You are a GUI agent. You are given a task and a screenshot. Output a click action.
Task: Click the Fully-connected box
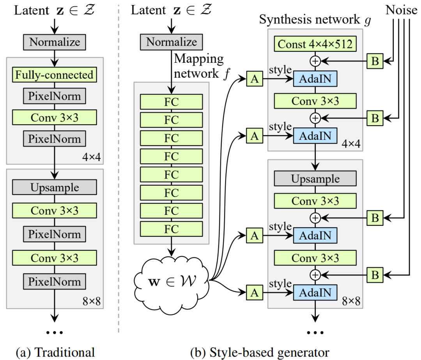click(55, 74)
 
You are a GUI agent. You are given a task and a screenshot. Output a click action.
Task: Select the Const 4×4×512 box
click(315, 44)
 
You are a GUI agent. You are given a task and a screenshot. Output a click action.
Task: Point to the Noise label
click(402, 10)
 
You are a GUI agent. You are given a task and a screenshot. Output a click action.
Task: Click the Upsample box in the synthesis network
click(315, 179)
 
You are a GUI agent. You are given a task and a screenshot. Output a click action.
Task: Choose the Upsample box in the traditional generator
click(55, 187)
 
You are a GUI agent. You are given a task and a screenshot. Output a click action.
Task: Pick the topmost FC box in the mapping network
click(172, 102)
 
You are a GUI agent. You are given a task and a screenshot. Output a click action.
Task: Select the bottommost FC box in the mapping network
click(172, 229)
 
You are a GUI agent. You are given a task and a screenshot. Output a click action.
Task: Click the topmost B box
click(375, 61)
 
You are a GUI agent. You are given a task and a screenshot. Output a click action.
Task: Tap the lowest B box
click(375, 275)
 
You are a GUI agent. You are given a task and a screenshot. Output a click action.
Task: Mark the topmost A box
click(255, 80)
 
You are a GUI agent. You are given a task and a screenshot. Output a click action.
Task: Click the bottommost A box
click(255, 292)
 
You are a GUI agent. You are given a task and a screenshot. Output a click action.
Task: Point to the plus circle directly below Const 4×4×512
click(315, 61)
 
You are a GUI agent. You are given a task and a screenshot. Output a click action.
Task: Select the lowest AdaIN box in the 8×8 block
click(315, 292)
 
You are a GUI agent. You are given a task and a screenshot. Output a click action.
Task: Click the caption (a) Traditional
click(55, 353)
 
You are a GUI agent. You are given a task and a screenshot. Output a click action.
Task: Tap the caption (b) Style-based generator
click(260, 353)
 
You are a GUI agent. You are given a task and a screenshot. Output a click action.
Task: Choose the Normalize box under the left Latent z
click(55, 42)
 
